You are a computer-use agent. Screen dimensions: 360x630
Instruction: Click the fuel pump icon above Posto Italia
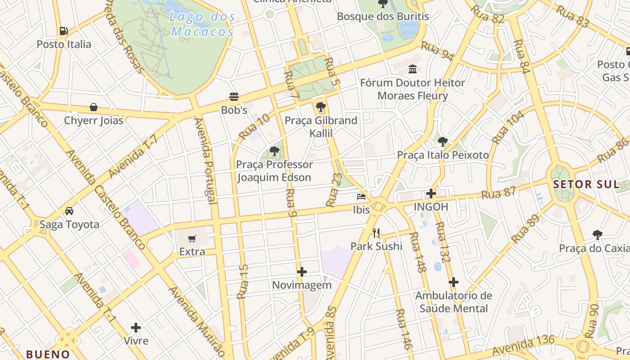64,31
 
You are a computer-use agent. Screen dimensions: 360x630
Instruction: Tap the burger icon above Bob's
234,96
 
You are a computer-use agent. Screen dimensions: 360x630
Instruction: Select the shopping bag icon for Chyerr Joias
94,107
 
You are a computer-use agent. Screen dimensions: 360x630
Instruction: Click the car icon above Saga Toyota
69,211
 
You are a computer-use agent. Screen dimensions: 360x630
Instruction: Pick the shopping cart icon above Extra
192,238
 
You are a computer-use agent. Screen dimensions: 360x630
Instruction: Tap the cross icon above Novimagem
302,272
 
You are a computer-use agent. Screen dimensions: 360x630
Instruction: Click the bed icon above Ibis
361,196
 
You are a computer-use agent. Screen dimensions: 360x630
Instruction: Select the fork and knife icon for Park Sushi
376,233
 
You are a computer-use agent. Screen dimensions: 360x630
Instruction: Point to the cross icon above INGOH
431,194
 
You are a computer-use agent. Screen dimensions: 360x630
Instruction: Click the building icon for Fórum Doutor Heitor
413,69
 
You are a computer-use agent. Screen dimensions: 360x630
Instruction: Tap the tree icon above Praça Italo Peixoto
443,142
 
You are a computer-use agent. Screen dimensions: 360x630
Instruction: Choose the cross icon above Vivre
136,327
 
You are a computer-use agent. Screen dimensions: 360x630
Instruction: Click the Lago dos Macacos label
203,24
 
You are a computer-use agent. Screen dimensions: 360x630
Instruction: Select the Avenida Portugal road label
205,160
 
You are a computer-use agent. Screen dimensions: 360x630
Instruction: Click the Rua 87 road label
499,193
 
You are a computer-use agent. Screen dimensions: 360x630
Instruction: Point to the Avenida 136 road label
523,345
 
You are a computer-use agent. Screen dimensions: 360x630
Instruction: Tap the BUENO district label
48,354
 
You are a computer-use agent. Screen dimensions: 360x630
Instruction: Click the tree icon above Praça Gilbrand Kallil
321,107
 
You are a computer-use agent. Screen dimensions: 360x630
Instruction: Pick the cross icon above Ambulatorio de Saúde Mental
454,282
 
